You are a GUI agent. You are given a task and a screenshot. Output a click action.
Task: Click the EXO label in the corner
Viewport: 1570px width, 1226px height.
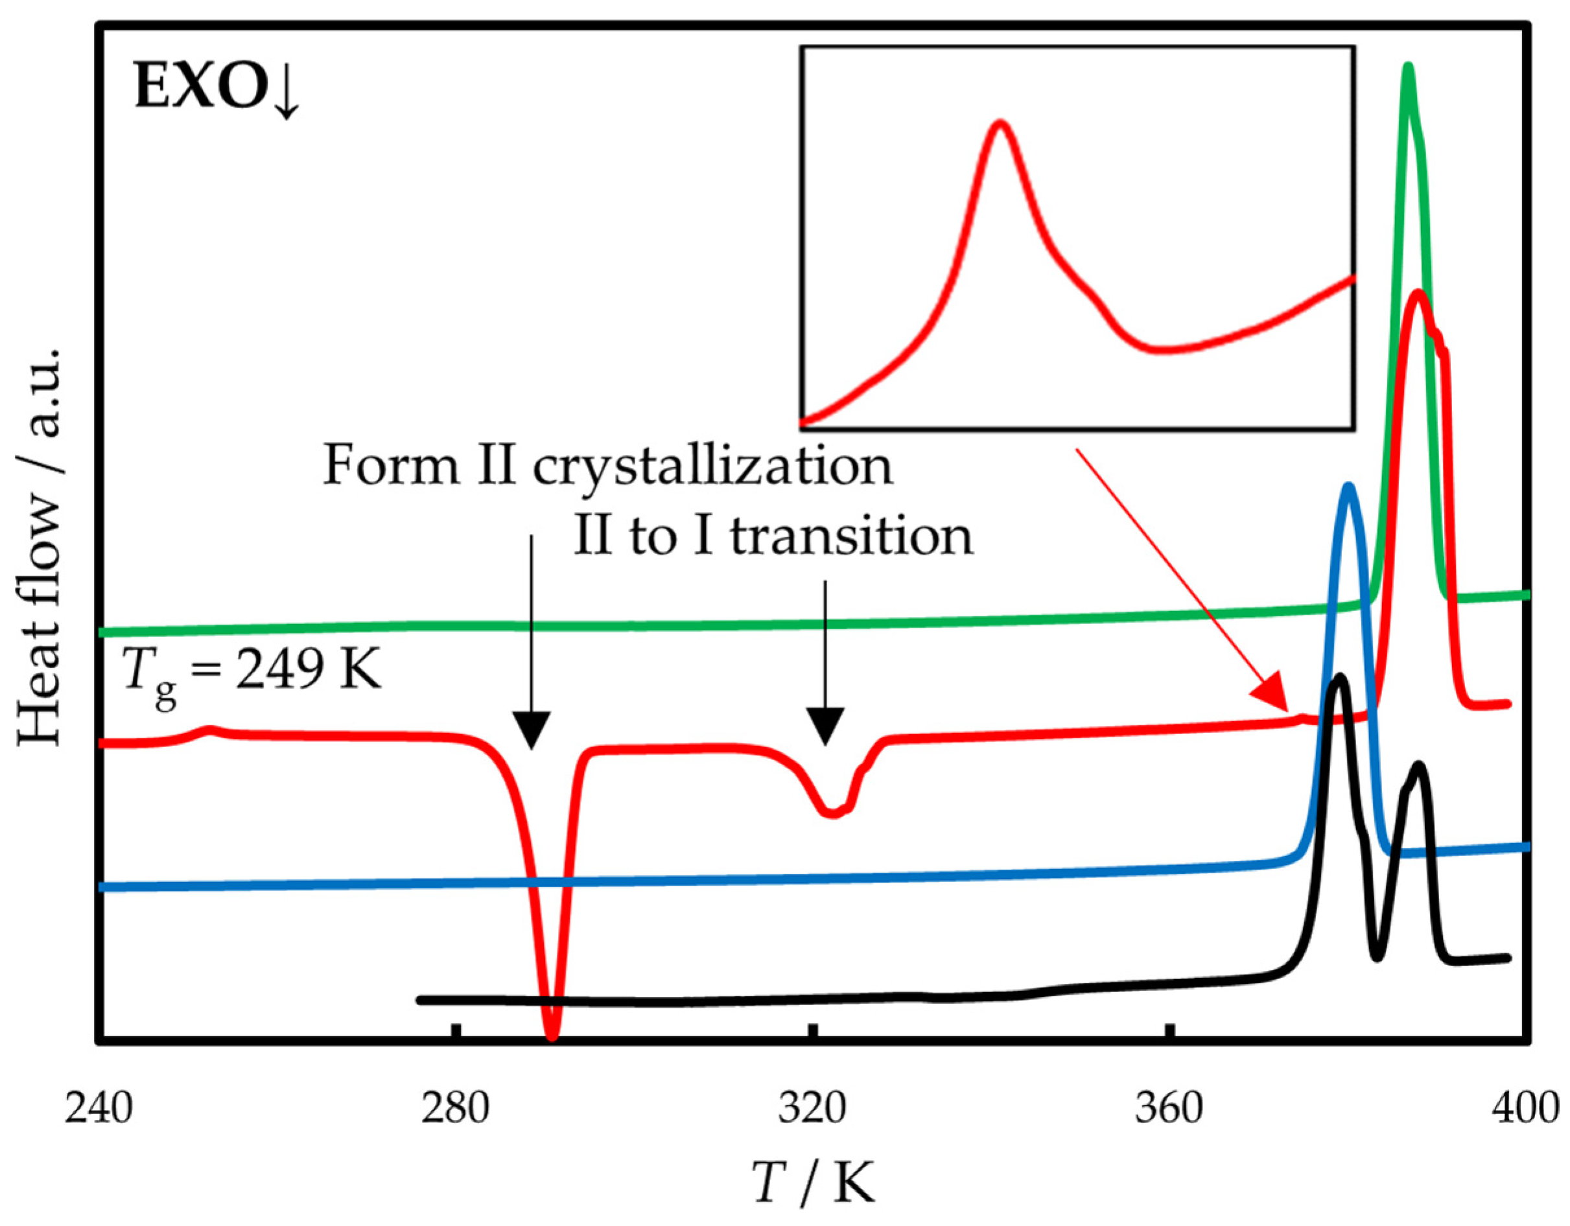point(216,92)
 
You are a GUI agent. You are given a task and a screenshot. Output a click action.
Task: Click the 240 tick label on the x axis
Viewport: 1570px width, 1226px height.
point(99,1108)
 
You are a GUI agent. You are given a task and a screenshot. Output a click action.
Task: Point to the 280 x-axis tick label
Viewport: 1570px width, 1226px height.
point(455,1108)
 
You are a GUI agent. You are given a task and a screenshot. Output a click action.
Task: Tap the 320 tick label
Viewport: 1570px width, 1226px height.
point(812,1108)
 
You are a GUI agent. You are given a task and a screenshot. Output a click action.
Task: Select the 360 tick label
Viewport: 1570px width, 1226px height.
point(1169,1108)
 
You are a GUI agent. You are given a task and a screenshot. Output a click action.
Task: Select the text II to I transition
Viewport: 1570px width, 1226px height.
point(773,537)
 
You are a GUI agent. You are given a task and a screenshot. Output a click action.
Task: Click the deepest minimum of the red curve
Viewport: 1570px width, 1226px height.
point(552,1035)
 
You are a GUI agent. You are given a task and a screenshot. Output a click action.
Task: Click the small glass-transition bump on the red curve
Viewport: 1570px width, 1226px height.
point(210,730)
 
